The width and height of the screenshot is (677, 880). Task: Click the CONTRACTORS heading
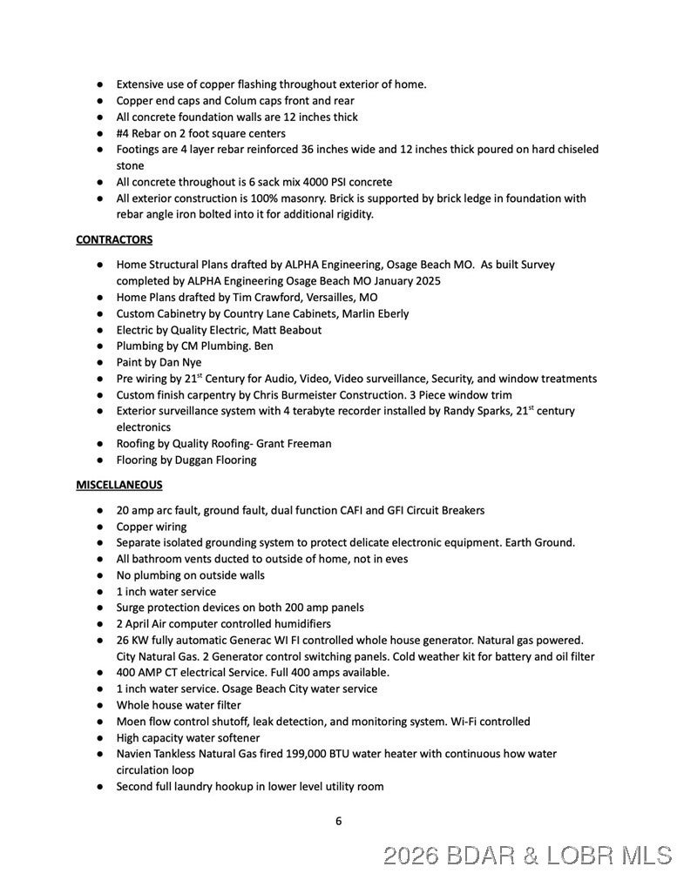coord(114,239)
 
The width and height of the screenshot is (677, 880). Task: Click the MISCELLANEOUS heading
coord(118,485)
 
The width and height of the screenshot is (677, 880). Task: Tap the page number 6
coord(338,820)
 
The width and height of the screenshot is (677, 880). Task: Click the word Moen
coord(132,722)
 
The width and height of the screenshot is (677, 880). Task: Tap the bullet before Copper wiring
coord(101,527)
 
